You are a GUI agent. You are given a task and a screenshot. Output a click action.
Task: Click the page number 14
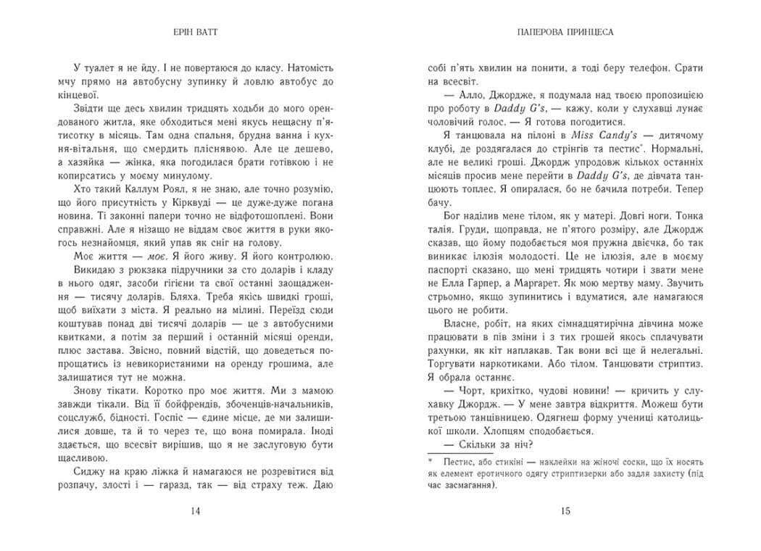194,511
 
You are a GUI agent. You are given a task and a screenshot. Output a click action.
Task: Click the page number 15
567,511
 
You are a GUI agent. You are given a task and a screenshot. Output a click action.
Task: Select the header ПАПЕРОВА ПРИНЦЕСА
567,33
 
